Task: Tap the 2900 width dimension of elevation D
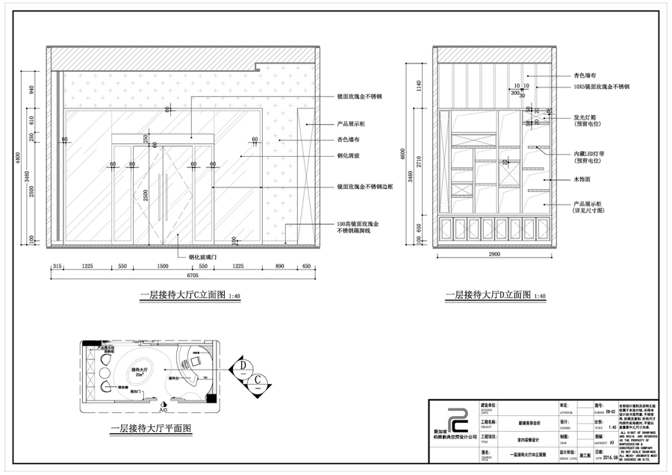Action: pyautogui.click(x=495, y=255)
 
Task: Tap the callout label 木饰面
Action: pyautogui.click(x=582, y=180)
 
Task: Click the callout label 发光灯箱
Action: pyautogui.click(x=587, y=117)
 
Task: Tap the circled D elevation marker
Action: pyautogui.click(x=243, y=364)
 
